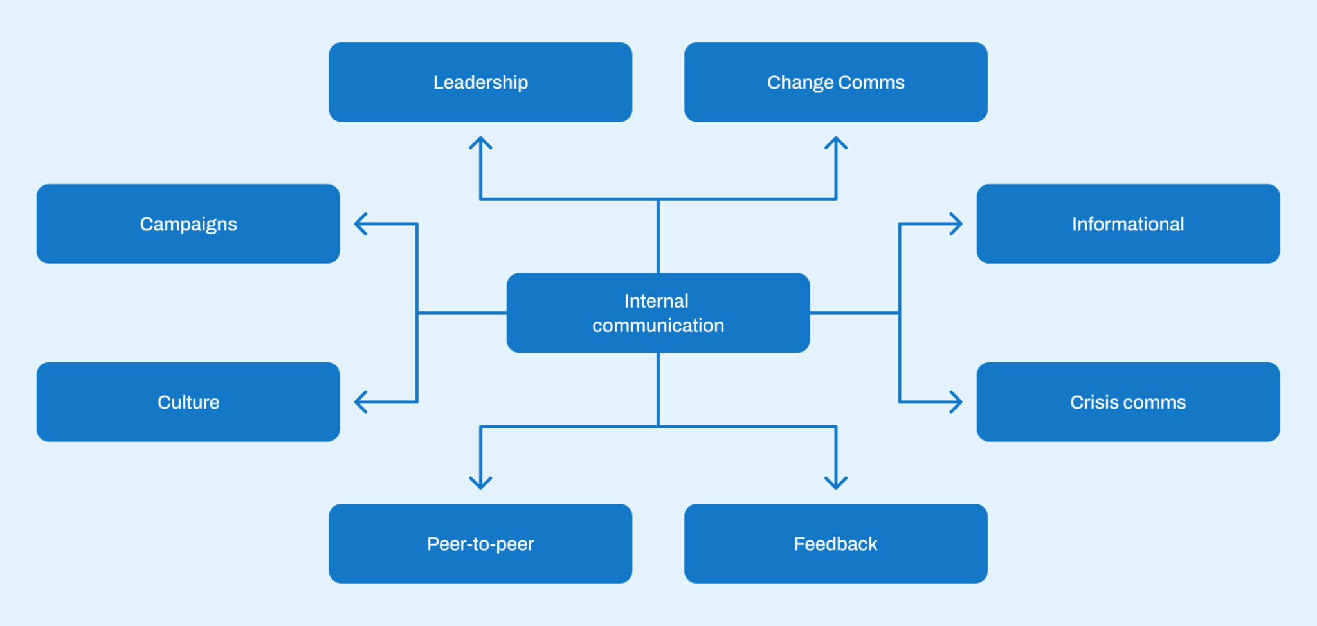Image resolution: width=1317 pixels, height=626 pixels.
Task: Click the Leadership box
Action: click(x=480, y=82)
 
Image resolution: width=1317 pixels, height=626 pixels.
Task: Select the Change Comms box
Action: click(x=835, y=82)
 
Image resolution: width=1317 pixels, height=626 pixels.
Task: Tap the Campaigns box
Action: click(x=188, y=224)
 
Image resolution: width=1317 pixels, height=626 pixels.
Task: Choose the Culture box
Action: click(x=188, y=402)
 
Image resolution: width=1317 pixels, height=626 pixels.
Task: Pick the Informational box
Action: click(x=1128, y=224)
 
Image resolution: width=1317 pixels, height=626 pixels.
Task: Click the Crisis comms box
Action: click(x=1128, y=402)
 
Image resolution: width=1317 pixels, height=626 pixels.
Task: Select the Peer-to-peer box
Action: click(x=480, y=544)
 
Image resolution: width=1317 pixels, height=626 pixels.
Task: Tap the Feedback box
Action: click(x=835, y=544)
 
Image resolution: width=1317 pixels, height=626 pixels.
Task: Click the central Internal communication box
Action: click(x=658, y=313)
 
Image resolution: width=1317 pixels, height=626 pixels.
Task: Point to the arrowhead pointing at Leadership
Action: click(x=480, y=142)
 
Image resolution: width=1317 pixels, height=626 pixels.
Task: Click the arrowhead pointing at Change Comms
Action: click(x=836, y=142)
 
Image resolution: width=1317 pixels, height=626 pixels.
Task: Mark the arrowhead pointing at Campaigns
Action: click(x=360, y=224)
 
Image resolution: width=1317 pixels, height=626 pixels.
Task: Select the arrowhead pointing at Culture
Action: click(x=360, y=402)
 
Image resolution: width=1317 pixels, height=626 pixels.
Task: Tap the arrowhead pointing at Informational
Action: click(x=957, y=224)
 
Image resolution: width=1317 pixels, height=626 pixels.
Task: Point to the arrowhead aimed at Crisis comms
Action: click(x=957, y=402)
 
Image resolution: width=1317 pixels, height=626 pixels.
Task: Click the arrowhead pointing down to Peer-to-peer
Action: click(x=480, y=484)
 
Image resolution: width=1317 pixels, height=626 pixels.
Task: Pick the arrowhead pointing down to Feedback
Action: click(x=836, y=484)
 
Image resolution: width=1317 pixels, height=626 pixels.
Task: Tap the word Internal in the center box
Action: click(x=656, y=300)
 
